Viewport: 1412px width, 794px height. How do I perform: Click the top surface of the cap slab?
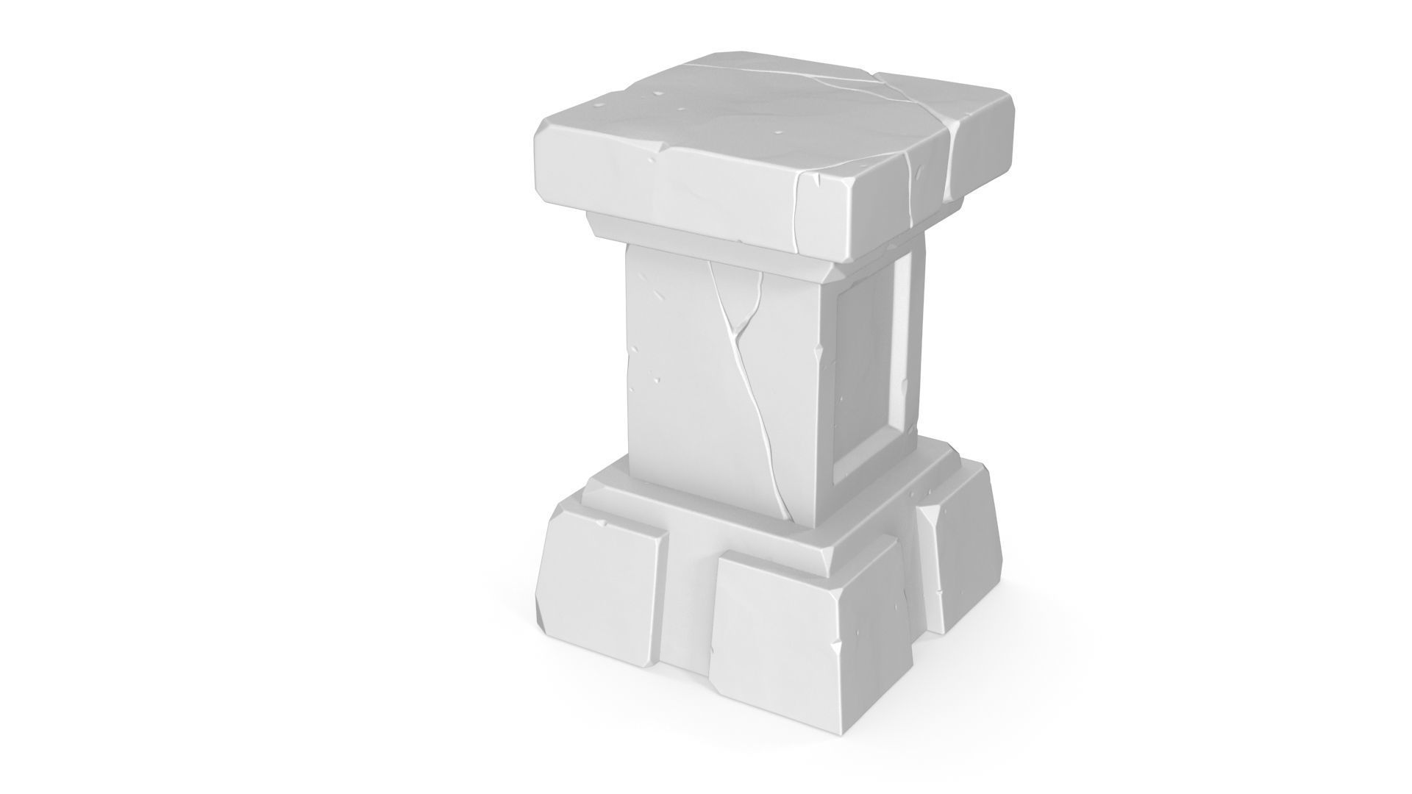(x=735, y=110)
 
